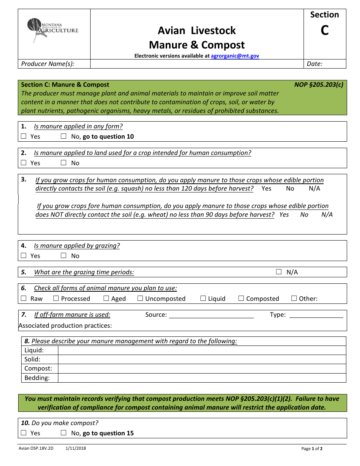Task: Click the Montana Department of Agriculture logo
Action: point(53,30)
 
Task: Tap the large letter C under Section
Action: point(324,30)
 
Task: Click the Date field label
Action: point(315,64)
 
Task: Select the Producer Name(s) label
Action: point(48,64)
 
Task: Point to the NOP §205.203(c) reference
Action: point(319,84)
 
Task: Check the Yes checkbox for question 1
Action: point(24,136)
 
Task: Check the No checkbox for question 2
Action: point(64,163)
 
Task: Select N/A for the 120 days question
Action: point(315,189)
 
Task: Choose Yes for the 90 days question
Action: point(284,215)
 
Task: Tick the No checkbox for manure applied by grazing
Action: point(64,256)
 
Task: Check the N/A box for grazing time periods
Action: point(279,272)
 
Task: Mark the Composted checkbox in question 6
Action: point(241,299)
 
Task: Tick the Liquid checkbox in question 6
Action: point(203,299)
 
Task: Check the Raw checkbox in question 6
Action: point(24,299)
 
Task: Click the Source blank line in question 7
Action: point(211,315)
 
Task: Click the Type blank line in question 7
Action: point(316,315)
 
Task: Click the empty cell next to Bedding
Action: point(202,378)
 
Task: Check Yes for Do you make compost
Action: point(24,433)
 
